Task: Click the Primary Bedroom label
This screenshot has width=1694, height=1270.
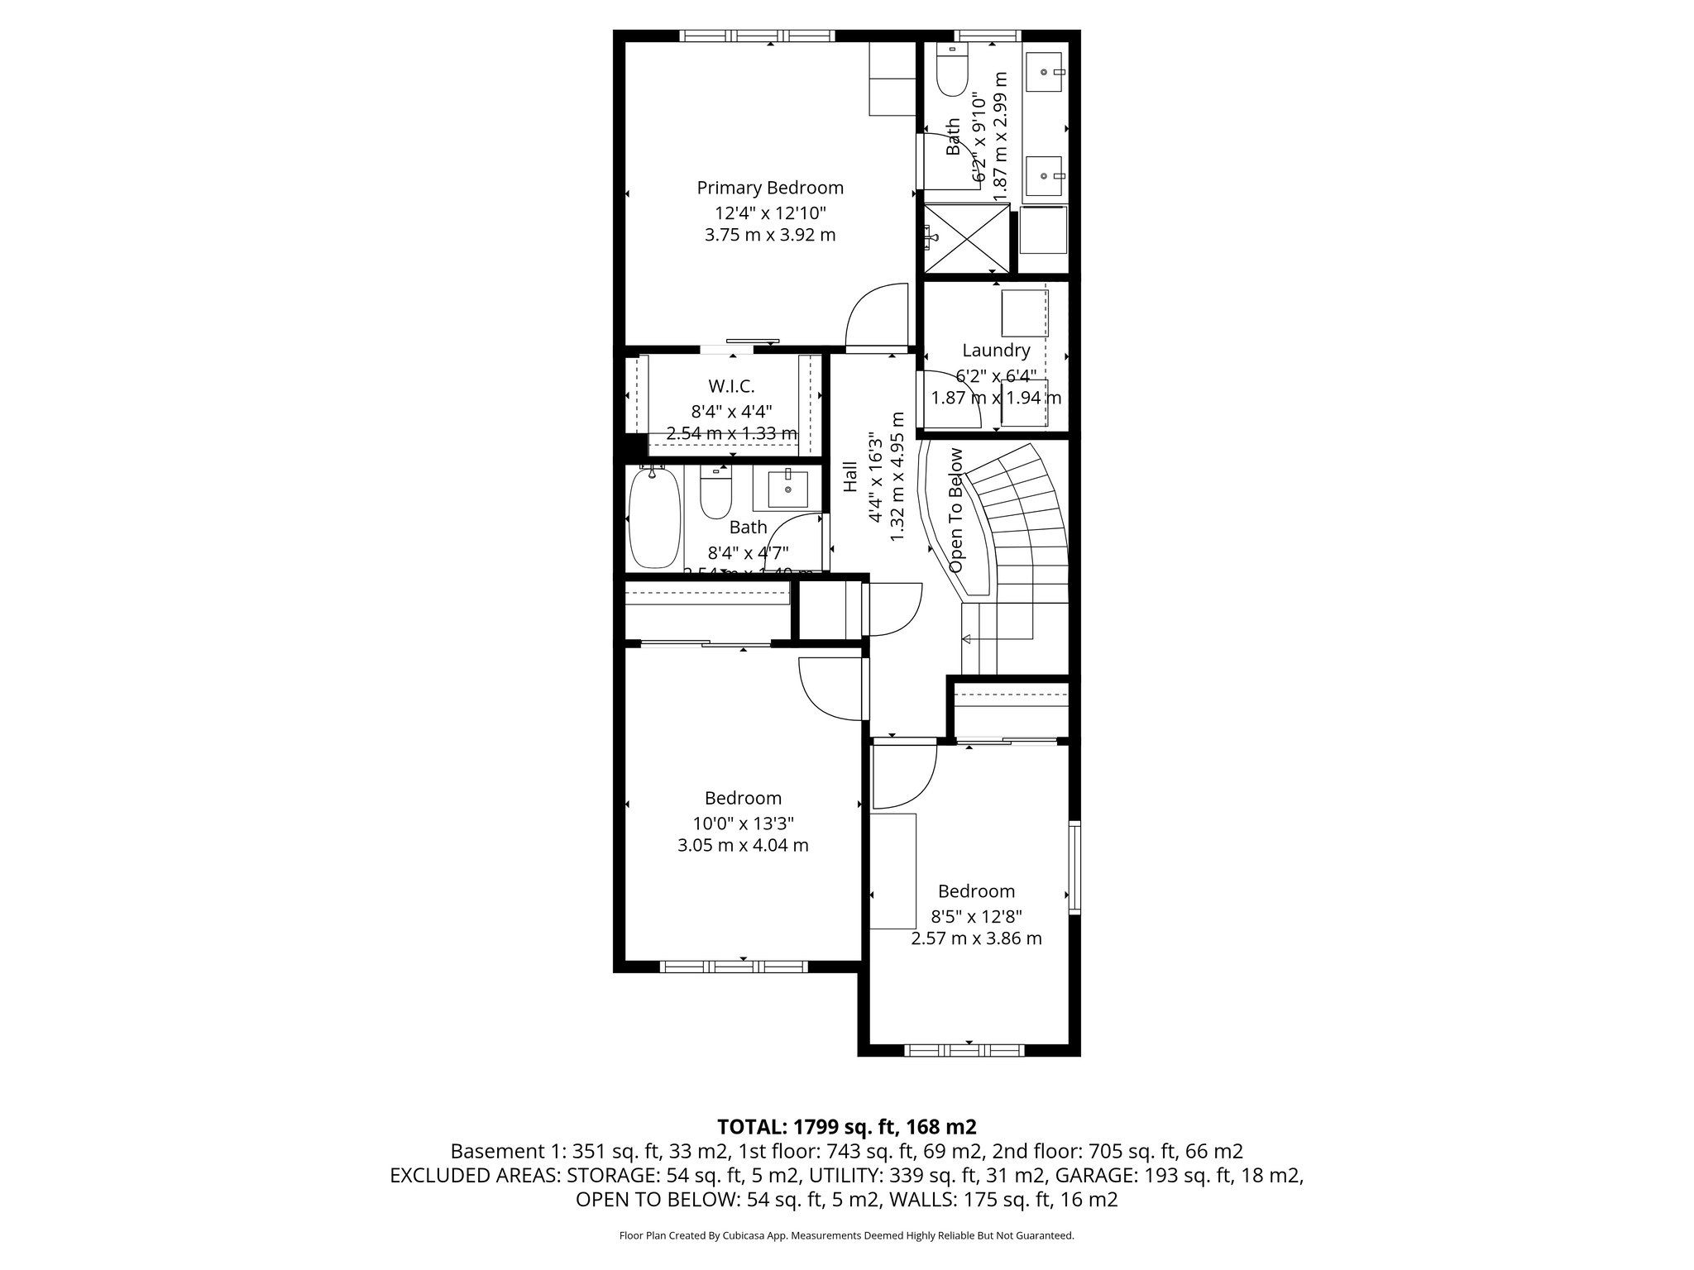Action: [769, 188]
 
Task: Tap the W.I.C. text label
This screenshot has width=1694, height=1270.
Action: [731, 386]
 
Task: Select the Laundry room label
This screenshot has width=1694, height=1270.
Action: [996, 351]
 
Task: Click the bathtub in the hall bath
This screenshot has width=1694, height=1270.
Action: [654, 518]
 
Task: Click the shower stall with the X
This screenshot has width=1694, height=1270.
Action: [967, 238]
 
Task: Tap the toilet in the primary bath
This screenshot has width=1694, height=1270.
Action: [953, 72]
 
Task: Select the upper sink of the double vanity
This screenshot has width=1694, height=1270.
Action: [1046, 73]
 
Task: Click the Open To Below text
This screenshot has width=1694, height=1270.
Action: [957, 510]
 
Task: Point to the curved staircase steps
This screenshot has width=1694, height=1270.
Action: [1022, 521]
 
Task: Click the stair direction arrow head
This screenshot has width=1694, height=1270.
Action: [965, 638]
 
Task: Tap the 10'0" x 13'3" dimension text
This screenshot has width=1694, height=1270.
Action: [743, 824]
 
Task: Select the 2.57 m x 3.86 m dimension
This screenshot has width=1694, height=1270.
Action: [976, 938]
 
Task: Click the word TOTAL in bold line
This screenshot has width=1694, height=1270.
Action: [751, 1126]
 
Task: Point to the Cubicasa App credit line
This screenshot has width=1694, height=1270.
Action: [846, 1235]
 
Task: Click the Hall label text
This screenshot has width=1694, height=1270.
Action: [850, 477]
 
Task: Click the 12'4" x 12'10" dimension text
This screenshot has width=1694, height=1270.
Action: [770, 212]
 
